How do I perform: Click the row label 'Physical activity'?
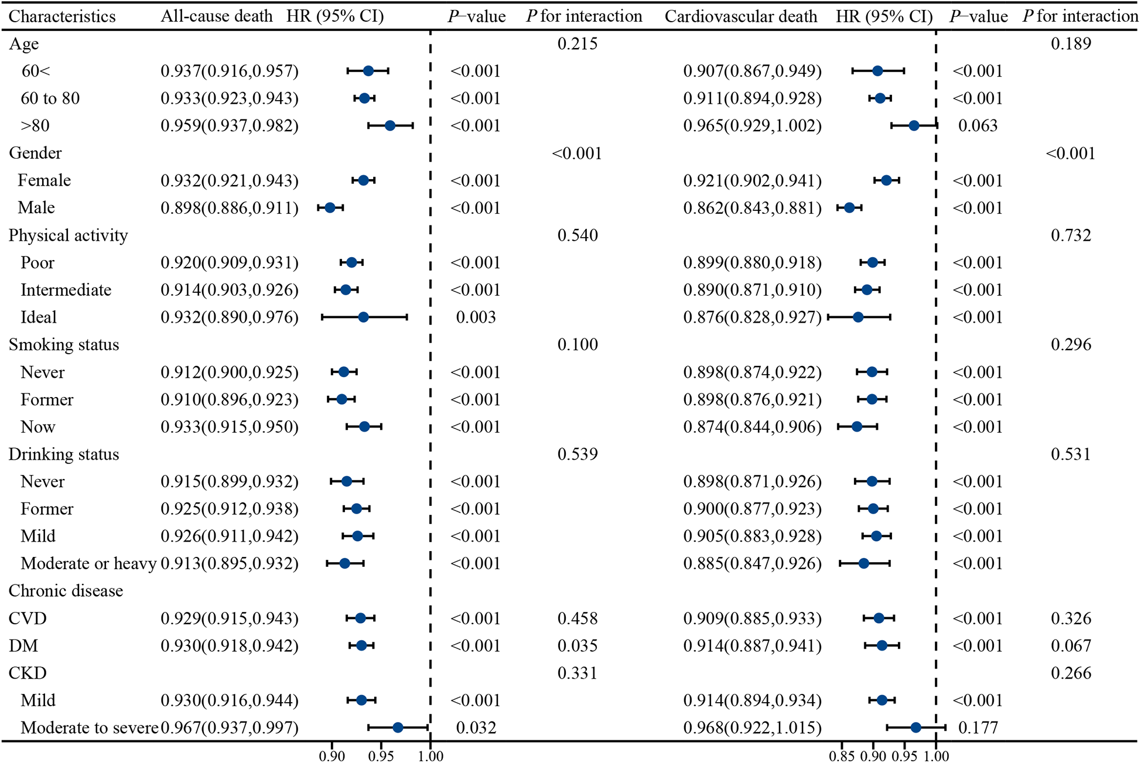point(68,235)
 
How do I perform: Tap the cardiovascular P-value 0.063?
point(978,126)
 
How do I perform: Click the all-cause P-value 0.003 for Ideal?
point(476,317)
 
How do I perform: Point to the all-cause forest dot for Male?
point(330,208)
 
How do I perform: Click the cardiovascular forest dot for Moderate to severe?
point(916,728)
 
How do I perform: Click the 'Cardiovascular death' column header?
point(740,16)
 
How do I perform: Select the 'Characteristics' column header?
point(62,16)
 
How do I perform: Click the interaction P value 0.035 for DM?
point(578,646)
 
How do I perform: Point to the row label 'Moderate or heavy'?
point(88,563)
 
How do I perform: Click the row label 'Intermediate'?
point(66,290)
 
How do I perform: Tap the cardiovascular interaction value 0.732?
point(1071,235)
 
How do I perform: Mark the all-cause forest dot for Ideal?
point(363,317)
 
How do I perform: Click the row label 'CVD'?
point(28,618)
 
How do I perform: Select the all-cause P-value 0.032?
point(476,728)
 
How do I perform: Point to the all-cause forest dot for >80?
point(390,126)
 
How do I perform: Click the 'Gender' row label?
point(35,153)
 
